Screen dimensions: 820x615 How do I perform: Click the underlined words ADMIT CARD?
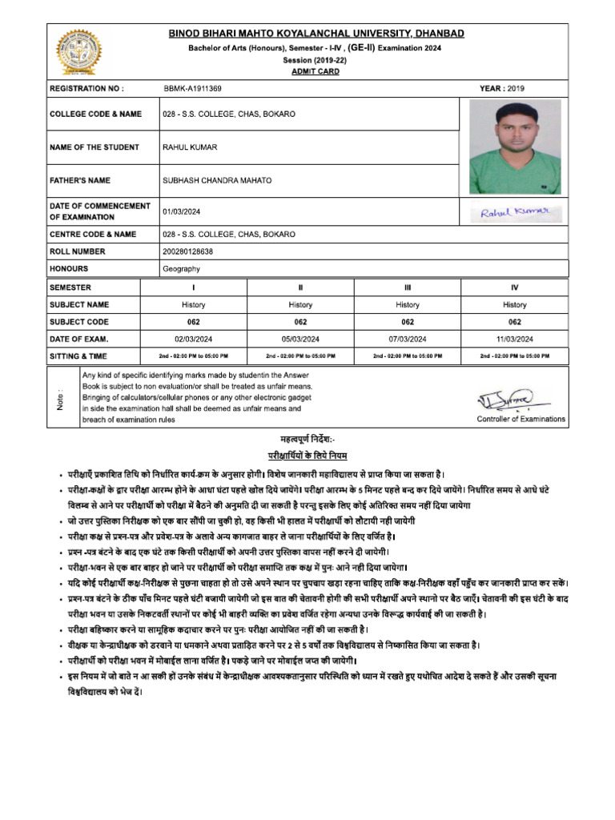click(x=316, y=71)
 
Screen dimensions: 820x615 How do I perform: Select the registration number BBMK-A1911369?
click(x=192, y=88)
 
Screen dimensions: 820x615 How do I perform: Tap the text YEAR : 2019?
click(x=502, y=88)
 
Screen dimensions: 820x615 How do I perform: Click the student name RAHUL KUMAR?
click(x=190, y=147)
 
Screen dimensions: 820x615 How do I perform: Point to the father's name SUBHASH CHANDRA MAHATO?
click(x=216, y=181)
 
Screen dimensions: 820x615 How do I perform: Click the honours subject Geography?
click(x=181, y=269)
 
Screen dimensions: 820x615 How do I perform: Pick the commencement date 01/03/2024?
click(x=183, y=212)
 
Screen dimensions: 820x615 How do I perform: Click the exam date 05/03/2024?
click(x=300, y=339)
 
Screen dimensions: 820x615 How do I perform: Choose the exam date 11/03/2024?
click(x=515, y=339)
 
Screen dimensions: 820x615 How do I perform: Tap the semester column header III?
click(x=408, y=287)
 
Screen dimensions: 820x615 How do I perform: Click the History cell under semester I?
click(x=193, y=304)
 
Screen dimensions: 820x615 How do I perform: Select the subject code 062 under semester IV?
click(x=515, y=322)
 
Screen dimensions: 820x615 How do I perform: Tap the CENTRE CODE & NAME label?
click(x=93, y=235)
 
